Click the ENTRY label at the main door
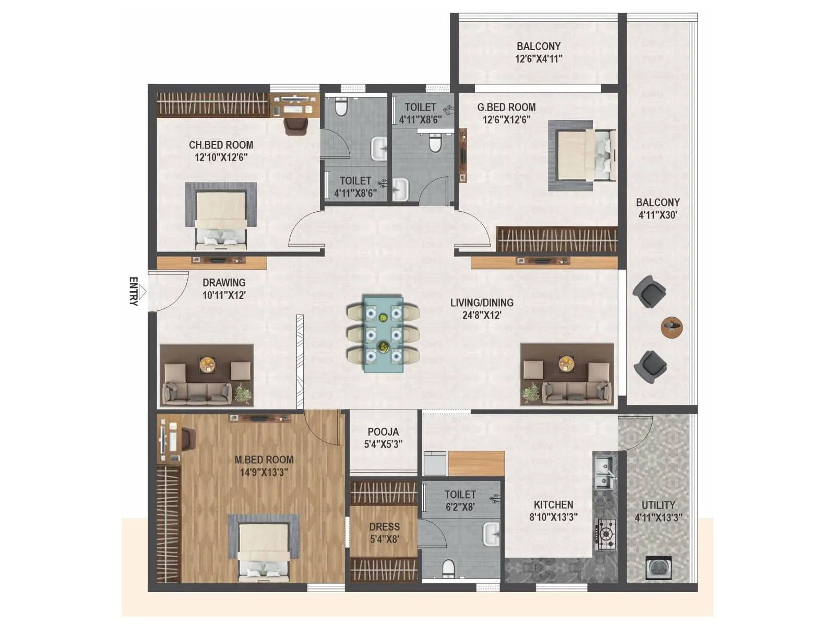coord(134,291)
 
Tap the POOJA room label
coord(383,432)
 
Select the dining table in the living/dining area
coord(383,334)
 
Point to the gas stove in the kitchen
coord(605,534)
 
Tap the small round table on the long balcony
coord(672,327)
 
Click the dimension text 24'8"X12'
coord(482,315)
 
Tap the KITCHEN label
coord(553,504)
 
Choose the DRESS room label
coord(384,527)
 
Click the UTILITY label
coord(658,505)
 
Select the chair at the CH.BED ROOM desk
coord(295,126)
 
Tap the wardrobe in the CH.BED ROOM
coord(212,104)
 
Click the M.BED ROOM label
coord(264,460)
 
